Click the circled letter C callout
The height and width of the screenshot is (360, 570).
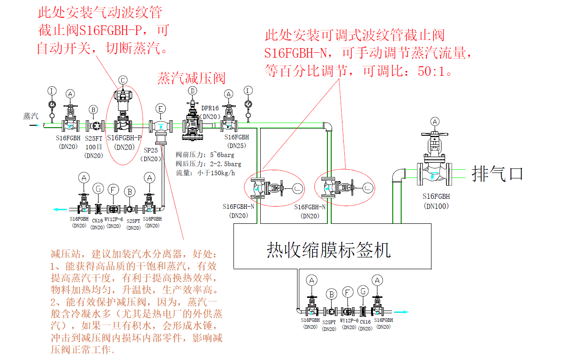[123, 80]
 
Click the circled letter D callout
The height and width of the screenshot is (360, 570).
[193, 91]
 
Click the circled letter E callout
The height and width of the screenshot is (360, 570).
[160, 108]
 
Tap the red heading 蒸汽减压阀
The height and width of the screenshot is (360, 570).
[191, 78]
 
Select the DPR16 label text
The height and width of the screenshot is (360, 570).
[210, 108]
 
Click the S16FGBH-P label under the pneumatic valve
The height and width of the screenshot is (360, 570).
[124, 138]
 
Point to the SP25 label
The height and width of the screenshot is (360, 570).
[151, 150]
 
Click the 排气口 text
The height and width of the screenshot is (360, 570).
[498, 173]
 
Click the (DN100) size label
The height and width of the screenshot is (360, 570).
[436, 206]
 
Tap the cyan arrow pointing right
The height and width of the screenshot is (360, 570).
[401, 312]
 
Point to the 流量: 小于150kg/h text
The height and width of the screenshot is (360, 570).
[205, 173]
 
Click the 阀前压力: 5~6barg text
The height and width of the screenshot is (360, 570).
[205, 155]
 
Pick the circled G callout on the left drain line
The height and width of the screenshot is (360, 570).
[98, 188]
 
